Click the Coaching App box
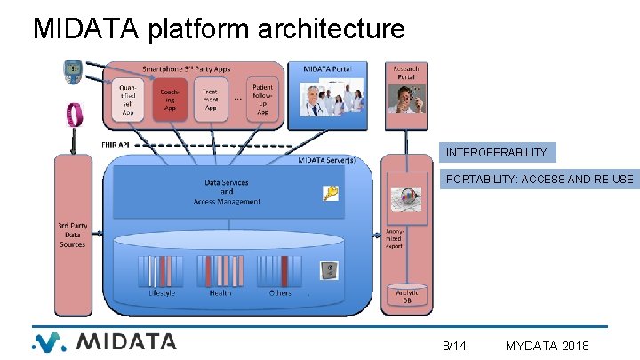169,97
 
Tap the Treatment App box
210,97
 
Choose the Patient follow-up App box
262,98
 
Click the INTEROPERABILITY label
496,152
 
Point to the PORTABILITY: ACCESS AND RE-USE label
539,180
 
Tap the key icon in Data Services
331,193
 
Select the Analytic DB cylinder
406,297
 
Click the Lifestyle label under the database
162,292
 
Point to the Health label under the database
220,292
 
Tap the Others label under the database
280,292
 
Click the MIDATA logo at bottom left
104,341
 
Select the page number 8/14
454,345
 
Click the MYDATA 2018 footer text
546,345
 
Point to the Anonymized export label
394,238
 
